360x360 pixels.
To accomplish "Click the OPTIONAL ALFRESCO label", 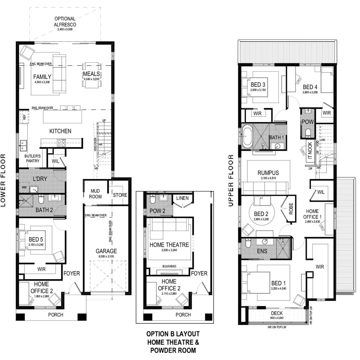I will [65, 22].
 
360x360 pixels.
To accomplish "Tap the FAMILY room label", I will [42, 77].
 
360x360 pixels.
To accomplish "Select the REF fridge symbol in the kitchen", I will [24, 117].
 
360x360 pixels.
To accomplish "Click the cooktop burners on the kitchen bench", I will [61, 143].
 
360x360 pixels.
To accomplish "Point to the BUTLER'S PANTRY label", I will [32, 158].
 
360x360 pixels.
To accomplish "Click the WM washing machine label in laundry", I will [24, 188].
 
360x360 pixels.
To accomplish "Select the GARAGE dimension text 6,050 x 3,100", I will [106, 257].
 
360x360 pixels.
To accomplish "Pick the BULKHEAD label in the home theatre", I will [169, 266].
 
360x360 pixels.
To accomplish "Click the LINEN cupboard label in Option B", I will [182, 198].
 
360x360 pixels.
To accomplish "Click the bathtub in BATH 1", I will [247, 137].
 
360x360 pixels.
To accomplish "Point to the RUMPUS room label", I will [268, 173].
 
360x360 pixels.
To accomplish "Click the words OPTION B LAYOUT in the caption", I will [173, 334].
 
